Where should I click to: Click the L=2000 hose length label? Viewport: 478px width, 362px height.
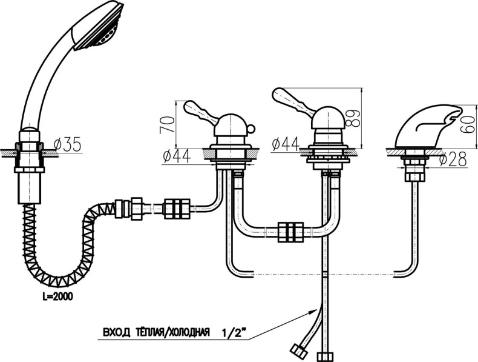click(x=57, y=297)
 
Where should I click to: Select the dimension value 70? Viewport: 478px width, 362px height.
click(x=168, y=124)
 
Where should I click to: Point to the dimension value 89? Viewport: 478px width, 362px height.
click(x=353, y=118)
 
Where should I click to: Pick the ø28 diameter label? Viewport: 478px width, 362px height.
click(x=453, y=159)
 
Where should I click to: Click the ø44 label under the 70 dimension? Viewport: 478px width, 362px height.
click(x=177, y=157)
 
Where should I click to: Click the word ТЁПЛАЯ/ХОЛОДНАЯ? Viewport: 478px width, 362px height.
click(x=171, y=332)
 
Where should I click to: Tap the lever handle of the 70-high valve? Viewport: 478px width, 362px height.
click(x=201, y=112)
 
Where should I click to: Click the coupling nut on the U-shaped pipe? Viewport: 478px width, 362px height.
click(x=290, y=232)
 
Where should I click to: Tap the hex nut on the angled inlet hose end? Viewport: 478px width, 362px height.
click(x=298, y=350)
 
